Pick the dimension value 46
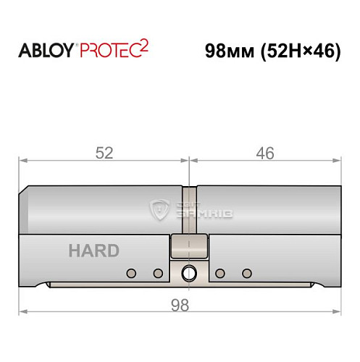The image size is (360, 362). click(x=264, y=153)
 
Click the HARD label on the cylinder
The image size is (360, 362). click(x=93, y=251)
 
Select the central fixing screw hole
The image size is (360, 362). click(x=189, y=273)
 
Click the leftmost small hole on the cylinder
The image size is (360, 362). click(x=131, y=273)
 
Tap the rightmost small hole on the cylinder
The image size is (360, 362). click(x=246, y=273)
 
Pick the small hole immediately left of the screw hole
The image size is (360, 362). click(x=157, y=273)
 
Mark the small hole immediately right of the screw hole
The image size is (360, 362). click(x=220, y=273)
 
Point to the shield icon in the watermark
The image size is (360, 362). click(x=157, y=209)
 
